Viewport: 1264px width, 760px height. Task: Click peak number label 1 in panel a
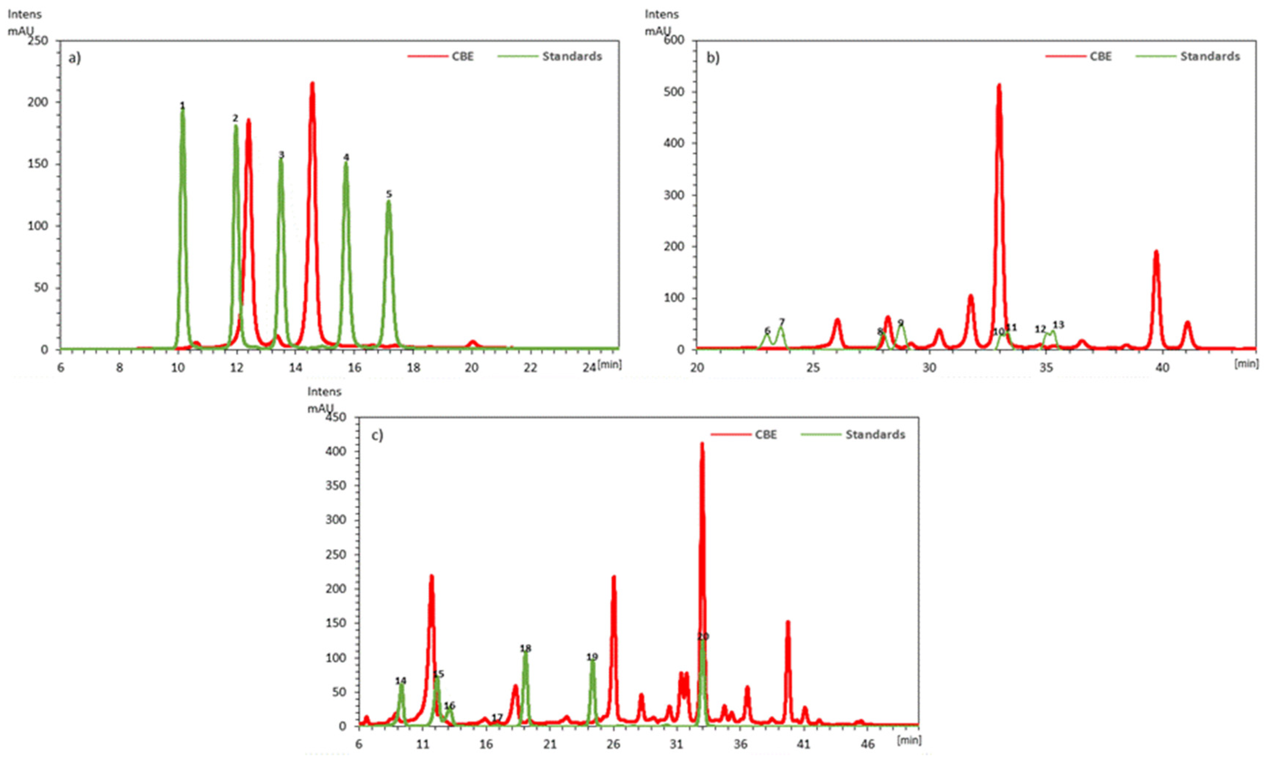point(182,105)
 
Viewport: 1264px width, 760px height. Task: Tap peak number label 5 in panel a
point(389,194)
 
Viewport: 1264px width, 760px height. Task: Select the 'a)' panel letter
point(75,58)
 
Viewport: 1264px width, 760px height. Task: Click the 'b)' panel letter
point(713,58)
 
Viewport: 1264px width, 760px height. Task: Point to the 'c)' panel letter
point(377,435)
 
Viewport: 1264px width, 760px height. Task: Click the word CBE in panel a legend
point(463,56)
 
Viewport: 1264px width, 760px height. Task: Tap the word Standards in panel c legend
point(875,434)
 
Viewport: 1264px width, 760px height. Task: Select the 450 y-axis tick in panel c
point(335,417)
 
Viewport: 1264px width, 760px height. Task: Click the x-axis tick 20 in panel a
point(472,367)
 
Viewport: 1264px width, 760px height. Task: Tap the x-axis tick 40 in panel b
point(1163,367)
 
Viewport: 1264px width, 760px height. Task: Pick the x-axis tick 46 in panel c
point(868,744)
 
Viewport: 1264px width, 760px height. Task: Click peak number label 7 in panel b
point(782,322)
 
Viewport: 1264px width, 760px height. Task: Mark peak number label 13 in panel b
point(1058,325)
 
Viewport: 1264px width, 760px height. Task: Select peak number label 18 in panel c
point(525,648)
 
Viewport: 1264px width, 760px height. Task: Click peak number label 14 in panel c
point(401,681)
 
